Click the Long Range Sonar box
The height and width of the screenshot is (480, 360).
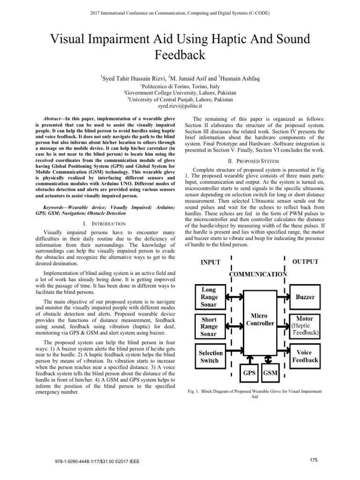coord(209,297)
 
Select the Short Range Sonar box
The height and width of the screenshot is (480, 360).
coord(209,326)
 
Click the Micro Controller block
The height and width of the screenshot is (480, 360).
coord(259,320)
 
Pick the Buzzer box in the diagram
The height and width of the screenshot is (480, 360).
coord(305,297)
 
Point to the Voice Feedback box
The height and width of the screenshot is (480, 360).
coord(305,356)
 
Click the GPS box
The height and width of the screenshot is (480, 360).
coord(249,373)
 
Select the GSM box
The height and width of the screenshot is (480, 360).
coord(270,373)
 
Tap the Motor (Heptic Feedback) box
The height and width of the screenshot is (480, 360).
coord(305,325)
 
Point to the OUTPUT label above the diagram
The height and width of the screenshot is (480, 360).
coord(305,262)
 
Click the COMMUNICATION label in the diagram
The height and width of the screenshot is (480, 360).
coord(257,274)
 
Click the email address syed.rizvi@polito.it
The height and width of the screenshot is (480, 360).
coord(180,106)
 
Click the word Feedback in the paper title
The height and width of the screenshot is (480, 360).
coord(180,55)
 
